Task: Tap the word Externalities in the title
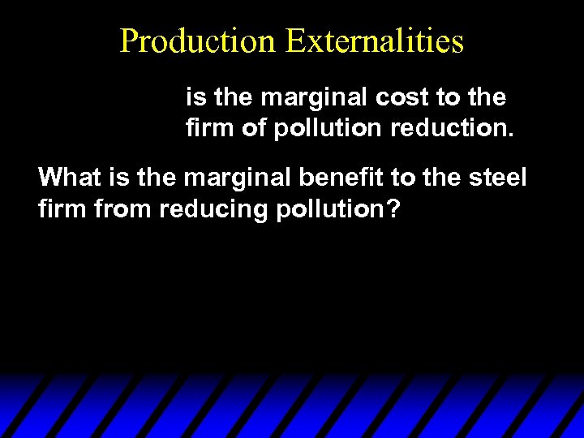tap(374, 41)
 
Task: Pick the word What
tap(68, 177)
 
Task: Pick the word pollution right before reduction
tap(325, 129)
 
